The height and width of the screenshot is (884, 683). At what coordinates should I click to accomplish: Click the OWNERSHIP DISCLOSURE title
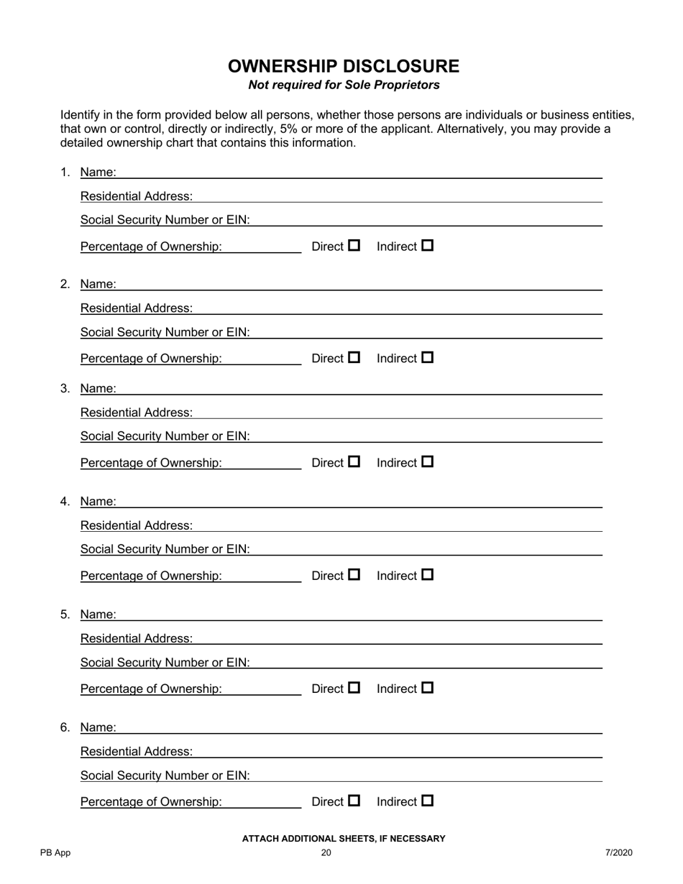(x=344, y=66)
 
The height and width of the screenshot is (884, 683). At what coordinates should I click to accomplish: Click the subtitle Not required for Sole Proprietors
(x=344, y=85)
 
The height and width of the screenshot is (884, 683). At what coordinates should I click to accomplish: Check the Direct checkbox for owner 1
(x=354, y=246)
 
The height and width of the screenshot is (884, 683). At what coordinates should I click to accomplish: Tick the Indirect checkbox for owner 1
(x=428, y=246)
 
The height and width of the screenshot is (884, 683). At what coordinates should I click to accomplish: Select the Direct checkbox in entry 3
(x=354, y=462)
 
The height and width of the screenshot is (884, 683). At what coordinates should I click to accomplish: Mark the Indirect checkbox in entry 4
(x=428, y=575)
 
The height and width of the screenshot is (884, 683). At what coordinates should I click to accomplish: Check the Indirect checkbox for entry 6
(x=428, y=801)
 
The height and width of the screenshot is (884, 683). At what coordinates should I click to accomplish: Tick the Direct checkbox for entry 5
(x=354, y=688)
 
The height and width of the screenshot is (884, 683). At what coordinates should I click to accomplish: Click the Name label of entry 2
(x=98, y=284)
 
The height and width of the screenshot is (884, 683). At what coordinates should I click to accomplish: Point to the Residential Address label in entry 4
(x=137, y=525)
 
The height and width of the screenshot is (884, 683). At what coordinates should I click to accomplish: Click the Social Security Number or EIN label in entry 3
(x=165, y=436)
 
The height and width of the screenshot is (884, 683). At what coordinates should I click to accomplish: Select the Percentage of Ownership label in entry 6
(x=151, y=801)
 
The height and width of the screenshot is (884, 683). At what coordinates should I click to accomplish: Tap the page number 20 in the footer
(x=326, y=853)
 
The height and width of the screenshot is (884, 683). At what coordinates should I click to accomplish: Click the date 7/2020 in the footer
(x=618, y=853)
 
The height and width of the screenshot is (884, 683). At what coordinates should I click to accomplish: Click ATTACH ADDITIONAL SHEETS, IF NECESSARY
(x=344, y=839)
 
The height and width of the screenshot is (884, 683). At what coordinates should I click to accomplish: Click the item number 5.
(x=65, y=614)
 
